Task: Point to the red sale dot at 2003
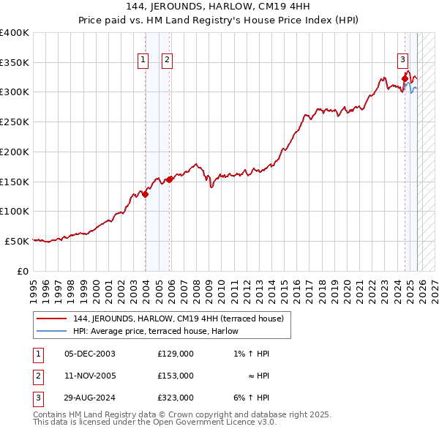[x=146, y=194]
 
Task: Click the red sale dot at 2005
[x=169, y=179]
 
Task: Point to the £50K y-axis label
[x=17, y=241]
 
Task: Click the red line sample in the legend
[x=52, y=319]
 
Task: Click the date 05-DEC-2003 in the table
[x=89, y=354]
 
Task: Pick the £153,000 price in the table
[x=176, y=376]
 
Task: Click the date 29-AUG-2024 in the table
[x=89, y=398]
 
